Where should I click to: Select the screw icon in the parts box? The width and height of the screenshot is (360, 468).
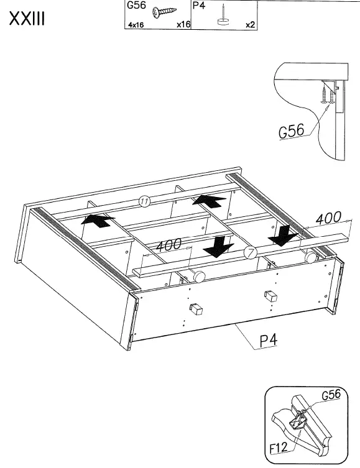tap(165, 12)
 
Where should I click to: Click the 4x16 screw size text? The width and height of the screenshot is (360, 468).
tap(136, 25)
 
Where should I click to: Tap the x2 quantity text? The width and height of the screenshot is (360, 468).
tap(250, 25)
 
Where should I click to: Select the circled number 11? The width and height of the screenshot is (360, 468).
tap(144, 201)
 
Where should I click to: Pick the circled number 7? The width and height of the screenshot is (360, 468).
tap(250, 252)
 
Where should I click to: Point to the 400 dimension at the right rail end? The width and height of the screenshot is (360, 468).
tap(328, 219)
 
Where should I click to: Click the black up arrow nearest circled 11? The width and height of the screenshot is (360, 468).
tap(208, 200)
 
